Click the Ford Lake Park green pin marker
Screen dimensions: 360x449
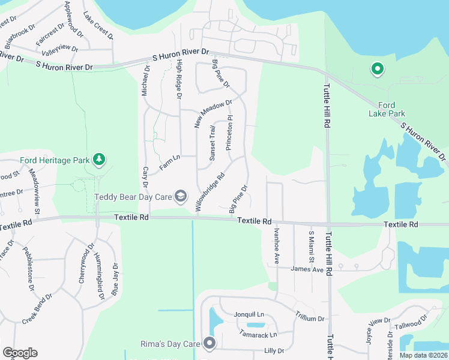click(378, 70)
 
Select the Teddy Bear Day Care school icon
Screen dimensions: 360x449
click(179, 196)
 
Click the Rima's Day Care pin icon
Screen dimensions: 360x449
click(209, 343)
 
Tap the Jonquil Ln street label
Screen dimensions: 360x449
click(249, 314)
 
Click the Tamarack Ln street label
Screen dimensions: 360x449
click(258, 334)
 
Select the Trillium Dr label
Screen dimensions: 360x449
click(310, 318)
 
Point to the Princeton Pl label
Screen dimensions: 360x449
click(229, 133)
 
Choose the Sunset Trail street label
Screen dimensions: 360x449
click(212, 143)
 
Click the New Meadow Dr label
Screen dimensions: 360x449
click(212, 113)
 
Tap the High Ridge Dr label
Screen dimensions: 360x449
click(178, 82)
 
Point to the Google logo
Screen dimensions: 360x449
click(20, 353)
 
